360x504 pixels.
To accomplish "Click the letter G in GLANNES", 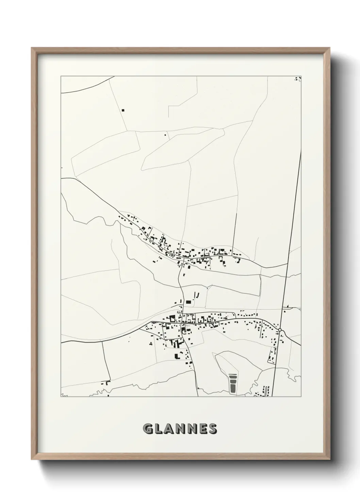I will [x=149, y=429].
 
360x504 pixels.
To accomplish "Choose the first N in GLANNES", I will [x=181, y=429].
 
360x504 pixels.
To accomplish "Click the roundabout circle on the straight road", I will [x=280, y=330].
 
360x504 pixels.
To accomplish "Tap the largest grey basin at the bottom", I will [x=233, y=387].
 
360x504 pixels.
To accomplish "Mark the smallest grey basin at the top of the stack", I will [x=233, y=375].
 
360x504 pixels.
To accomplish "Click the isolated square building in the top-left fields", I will [x=123, y=110].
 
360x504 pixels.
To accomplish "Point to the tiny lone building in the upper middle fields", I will [x=165, y=135].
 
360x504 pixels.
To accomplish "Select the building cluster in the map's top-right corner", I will [x=298, y=79].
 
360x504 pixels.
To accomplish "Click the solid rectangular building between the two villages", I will [x=188, y=302].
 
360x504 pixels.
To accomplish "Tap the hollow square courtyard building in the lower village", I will [x=172, y=319].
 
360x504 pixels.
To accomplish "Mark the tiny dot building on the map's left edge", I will [x=62, y=168].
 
